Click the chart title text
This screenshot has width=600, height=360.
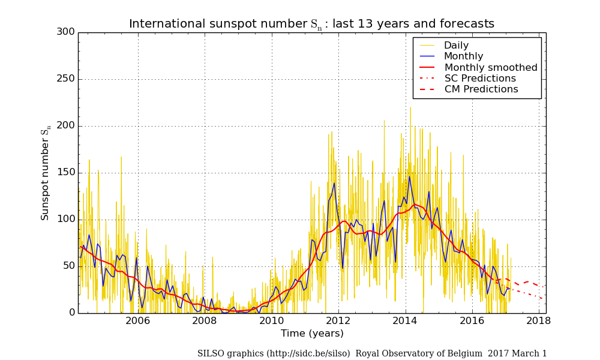click(311, 24)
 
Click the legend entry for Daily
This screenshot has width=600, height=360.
click(456, 46)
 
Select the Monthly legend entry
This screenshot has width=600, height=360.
click(463, 56)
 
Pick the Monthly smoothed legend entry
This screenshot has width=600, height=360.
click(490, 68)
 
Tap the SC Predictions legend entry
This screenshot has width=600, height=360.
click(479, 79)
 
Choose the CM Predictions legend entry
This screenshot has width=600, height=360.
click(481, 89)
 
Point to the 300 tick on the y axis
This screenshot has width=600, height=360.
click(65, 32)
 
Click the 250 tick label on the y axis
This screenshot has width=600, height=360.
click(65, 79)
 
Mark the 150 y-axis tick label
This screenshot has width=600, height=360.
click(65, 172)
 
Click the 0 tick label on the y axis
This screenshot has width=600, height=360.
click(71, 313)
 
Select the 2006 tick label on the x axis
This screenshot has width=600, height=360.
click(137, 321)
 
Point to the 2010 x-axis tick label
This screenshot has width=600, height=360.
click(271, 321)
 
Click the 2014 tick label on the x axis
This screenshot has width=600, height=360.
click(405, 321)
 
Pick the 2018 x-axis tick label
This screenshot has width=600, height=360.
click(539, 321)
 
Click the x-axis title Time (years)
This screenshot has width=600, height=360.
click(312, 334)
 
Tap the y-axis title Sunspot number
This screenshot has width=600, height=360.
click(46, 174)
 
